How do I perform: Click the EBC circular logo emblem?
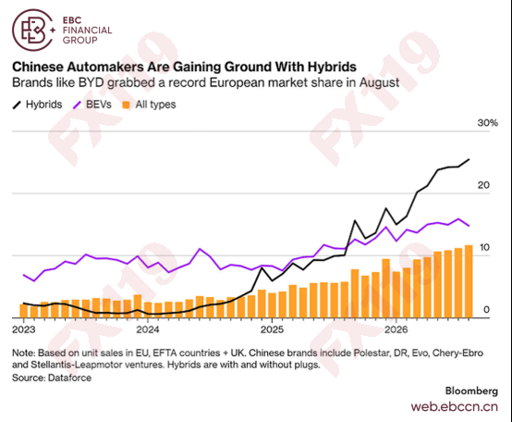(x=32, y=30)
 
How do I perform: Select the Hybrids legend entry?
(x=37, y=105)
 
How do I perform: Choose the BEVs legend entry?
(x=92, y=105)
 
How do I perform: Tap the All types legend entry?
(x=149, y=105)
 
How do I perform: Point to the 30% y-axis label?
(x=488, y=123)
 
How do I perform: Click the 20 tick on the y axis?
(x=483, y=185)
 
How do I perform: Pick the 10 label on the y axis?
(x=484, y=247)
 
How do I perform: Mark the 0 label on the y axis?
(x=486, y=309)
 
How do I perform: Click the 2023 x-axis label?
(x=24, y=329)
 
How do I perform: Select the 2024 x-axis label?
(x=148, y=329)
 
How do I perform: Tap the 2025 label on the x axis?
(x=272, y=329)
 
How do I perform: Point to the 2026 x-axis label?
(x=396, y=329)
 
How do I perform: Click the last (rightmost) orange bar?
(x=469, y=281)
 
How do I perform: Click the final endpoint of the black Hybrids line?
(x=469, y=159)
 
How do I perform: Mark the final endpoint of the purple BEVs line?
(x=469, y=226)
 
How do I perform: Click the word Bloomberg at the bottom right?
(x=471, y=391)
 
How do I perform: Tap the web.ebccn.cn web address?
(x=455, y=406)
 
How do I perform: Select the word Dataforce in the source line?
(x=69, y=378)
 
